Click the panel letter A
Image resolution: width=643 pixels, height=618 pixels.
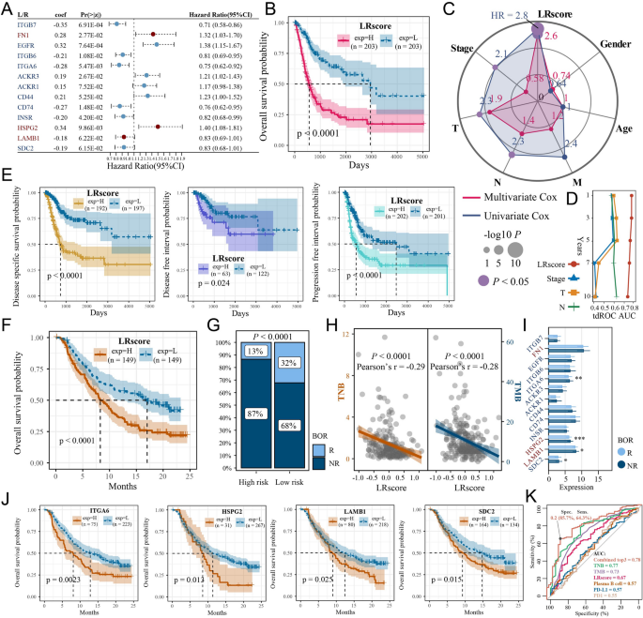click(x=7, y=8)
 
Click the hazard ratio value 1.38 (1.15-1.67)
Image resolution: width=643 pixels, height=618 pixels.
click(x=222, y=44)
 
